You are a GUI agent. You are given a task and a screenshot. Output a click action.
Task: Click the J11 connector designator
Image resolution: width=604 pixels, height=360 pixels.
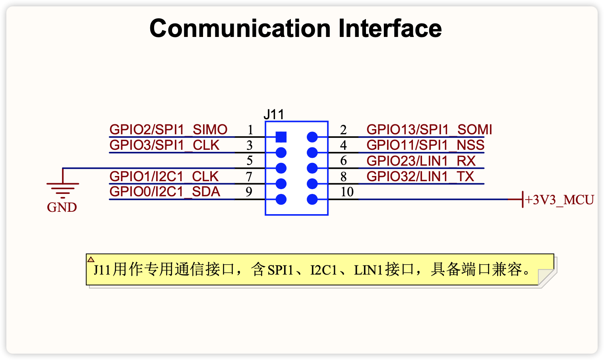(274, 114)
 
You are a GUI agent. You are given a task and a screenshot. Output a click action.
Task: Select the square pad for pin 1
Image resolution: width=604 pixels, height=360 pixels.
(281, 137)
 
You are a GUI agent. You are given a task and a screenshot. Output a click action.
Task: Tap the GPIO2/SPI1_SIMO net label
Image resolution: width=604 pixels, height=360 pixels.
(168, 130)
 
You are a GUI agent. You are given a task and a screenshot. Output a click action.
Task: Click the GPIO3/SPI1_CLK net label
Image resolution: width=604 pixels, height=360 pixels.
(164, 145)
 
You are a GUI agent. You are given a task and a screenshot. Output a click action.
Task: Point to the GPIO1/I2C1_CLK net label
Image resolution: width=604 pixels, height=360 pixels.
(164, 176)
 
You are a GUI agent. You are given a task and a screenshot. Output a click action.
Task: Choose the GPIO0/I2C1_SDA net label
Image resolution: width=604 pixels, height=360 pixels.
(165, 192)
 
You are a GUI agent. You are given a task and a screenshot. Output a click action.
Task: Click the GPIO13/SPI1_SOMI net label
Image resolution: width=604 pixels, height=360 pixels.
(429, 130)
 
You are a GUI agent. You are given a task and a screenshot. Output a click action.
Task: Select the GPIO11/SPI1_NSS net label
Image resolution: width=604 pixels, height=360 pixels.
(425, 145)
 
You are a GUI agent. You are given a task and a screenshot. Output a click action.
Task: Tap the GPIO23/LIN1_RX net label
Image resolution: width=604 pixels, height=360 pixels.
(421, 161)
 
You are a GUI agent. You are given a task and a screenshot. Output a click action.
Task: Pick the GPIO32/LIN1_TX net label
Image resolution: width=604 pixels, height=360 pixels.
(420, 176)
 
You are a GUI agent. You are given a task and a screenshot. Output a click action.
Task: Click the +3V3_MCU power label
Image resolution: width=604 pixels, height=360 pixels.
(559, 199)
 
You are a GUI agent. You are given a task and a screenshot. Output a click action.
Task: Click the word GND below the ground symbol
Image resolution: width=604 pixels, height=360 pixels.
(62, 207)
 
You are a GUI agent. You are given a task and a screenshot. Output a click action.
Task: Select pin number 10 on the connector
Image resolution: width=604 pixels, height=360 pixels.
(347, 192)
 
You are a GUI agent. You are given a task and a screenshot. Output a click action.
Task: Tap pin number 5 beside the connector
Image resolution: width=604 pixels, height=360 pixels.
(250, 161)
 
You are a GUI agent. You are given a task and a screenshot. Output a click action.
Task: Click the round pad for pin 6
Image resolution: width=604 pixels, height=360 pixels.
(312, 168)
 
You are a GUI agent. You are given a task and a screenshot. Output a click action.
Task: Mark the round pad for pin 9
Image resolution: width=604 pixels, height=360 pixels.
(281, 199)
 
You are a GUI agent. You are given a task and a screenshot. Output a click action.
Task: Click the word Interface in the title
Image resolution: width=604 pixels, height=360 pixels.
(390, 28)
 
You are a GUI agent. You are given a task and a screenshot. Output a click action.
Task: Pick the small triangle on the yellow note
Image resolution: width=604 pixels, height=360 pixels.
(91, 259)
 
